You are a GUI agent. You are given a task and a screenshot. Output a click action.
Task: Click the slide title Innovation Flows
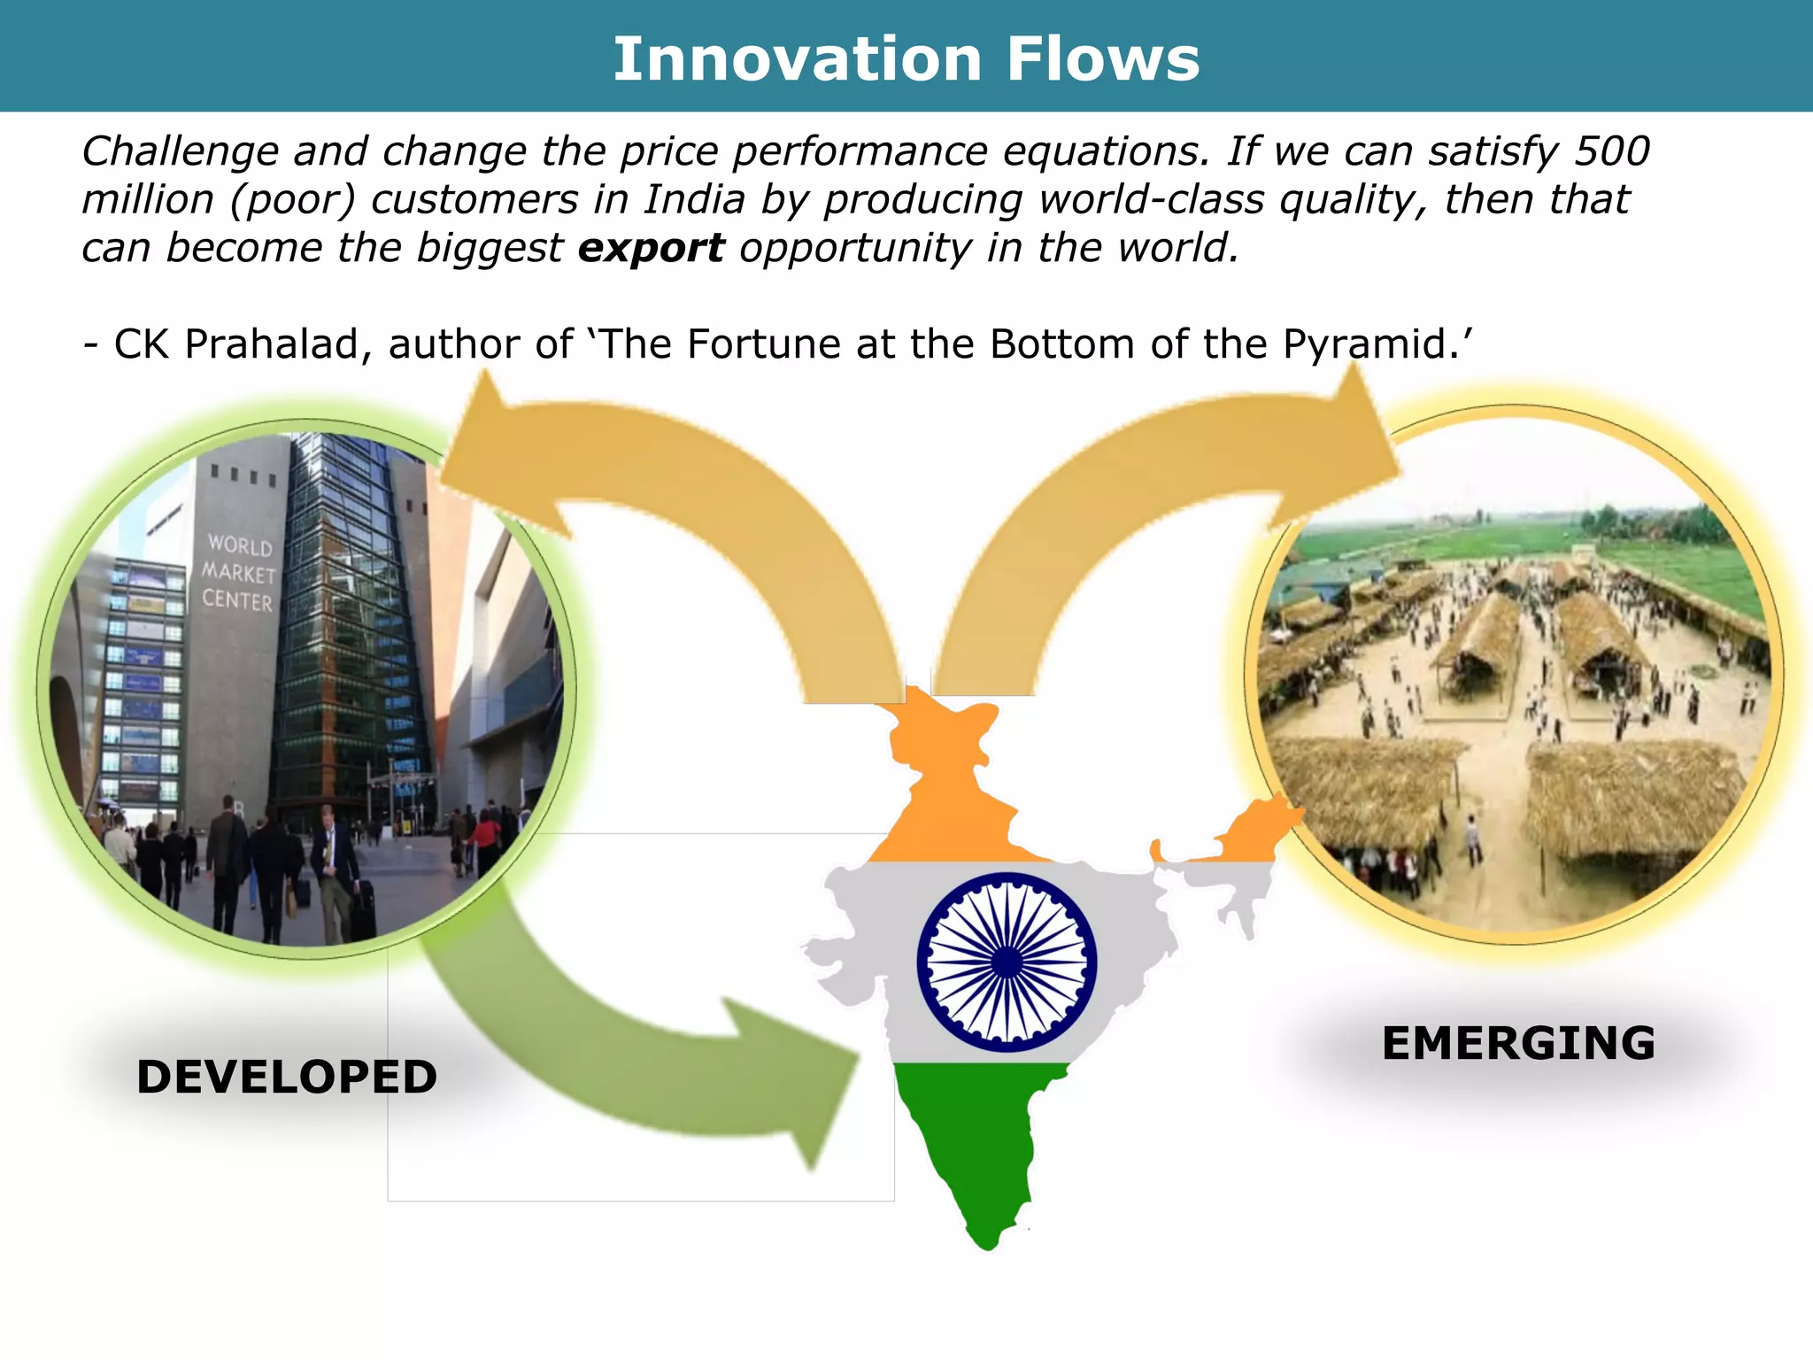coord(906,59)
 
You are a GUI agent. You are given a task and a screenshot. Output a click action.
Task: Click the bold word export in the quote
coord(651,248)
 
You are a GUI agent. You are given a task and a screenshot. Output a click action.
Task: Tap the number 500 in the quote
coord(1612,151)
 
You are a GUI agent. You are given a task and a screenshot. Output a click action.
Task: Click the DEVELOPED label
coord(287,1077)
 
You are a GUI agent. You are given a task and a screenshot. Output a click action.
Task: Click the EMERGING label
coord(1517,1043)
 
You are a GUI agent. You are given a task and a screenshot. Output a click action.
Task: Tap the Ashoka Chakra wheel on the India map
coord(1007,962)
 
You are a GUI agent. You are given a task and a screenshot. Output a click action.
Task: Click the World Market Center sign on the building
coord(238,573)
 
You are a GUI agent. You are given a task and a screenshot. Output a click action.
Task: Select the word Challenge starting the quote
coord(180,151)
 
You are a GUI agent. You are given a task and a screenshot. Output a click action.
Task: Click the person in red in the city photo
coord(486,837)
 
